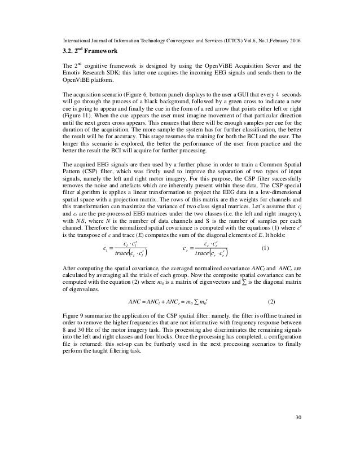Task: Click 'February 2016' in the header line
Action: point(281,42)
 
